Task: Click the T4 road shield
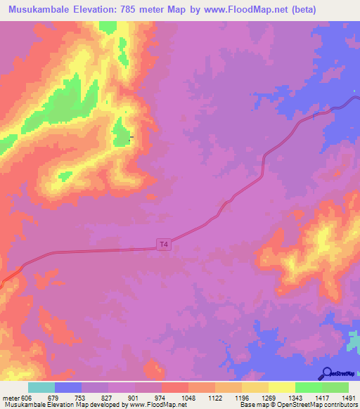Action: click(x=164, y=245)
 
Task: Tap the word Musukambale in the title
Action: click(x=41, y=10)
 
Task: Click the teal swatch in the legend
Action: click(x=41, y=387)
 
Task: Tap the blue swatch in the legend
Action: click(x=68, y=387)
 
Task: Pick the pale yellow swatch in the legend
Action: click(x=282, y=387)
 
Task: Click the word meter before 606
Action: click(x=11, y=398)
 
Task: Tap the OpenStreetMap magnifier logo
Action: click(x=326, y=374)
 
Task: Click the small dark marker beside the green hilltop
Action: click(x=131, y=136)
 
